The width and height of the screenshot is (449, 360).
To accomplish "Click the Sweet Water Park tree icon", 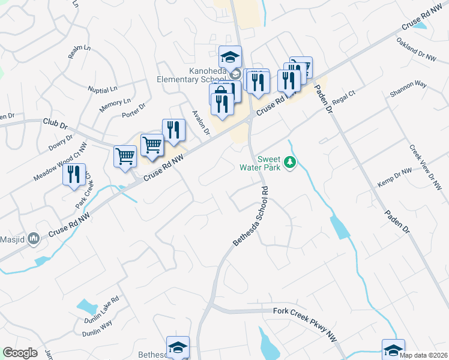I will point(290,163).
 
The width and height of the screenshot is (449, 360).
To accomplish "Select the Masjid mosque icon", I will point(34,239).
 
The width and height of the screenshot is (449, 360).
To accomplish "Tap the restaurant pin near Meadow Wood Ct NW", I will point(74,175).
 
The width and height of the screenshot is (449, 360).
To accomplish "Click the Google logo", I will point(20,353).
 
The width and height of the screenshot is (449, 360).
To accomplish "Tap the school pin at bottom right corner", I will point(393,350).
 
